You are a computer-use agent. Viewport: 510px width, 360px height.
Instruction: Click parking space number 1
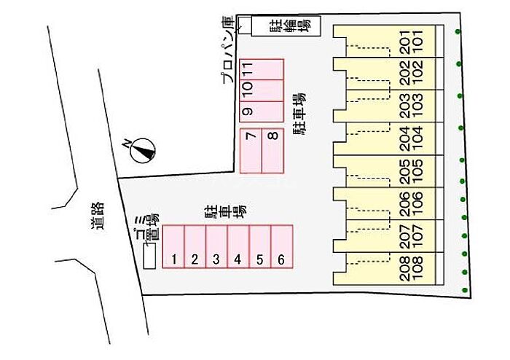click(x=173, y=246)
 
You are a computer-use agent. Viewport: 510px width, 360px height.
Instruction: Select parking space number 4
click(x=238, y=246)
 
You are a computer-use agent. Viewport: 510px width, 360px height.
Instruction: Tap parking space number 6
click(x=282, y=246)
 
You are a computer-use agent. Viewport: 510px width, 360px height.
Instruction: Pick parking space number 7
click(x=251, y=151)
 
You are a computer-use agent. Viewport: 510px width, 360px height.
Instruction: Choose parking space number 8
click(x=272, y=151)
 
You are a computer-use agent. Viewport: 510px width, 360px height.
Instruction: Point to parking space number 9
click(x=262, y=111)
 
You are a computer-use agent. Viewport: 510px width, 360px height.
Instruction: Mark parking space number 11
click(x=262, y=69)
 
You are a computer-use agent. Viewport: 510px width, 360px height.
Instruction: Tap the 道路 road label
click(x=98, y=215)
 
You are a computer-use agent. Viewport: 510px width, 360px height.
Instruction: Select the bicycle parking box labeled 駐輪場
click(x=286, y=26)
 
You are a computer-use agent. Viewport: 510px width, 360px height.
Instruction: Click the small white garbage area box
click(x=149, y=256)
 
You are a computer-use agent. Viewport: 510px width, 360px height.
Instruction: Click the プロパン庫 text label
click(x=228, y=50)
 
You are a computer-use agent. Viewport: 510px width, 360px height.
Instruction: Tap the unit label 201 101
click(x=412, y=42)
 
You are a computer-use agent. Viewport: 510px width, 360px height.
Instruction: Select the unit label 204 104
click(x=412, y=138)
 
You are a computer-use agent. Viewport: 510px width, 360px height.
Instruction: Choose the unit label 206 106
click(x=412, y=204)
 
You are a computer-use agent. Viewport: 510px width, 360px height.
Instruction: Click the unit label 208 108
click(x=412, y=269)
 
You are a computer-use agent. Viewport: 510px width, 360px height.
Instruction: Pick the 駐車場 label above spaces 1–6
click(x=224, y=213)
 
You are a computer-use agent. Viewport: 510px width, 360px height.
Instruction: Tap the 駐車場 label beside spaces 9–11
click(x=299, y=114)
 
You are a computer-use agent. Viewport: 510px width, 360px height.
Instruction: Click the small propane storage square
click(x=246, y=25)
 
